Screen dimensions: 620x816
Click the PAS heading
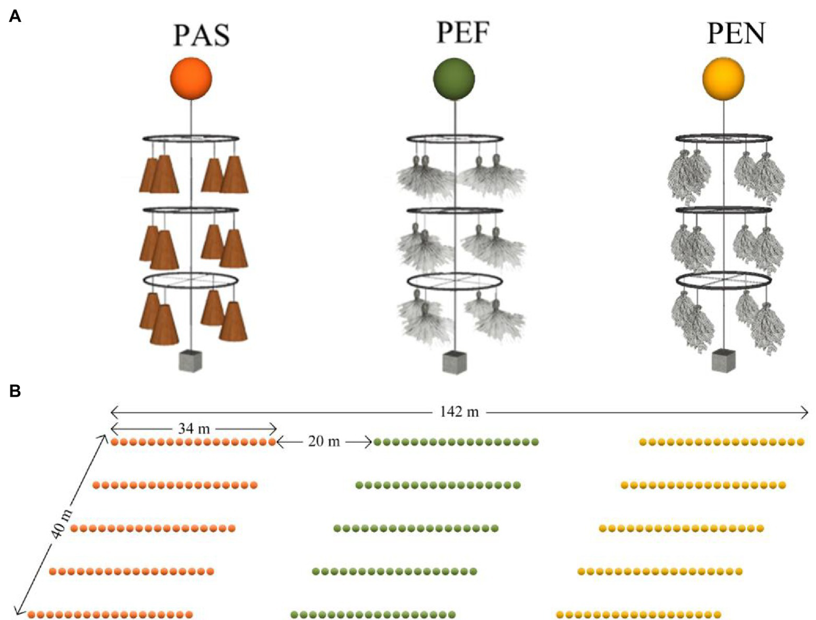click(201, 35)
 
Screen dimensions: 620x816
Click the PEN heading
click(736, 33)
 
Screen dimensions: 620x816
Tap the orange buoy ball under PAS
click(191, 79)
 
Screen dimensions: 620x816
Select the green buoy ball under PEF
click(454, 79)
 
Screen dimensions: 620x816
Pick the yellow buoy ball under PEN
click(723, 79)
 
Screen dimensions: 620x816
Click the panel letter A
click(15, 17)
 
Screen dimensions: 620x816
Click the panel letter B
click(15, 391)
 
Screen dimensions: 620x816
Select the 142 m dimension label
click(459, 412)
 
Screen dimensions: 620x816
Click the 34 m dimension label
click(194, 428)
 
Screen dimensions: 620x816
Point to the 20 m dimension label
click(324, 441)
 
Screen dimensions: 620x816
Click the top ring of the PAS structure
click(190, 139)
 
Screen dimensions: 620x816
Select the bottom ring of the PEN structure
click(724, 280)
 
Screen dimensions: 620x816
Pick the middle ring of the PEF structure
click(455, 211)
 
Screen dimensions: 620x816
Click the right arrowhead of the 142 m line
click(805, 412)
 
